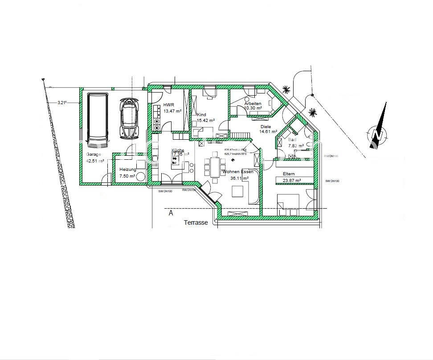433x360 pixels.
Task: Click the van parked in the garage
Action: (x=98, y=119)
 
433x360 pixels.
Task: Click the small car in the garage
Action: (x=129, y=118)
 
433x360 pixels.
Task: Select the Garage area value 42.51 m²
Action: (x=95, y=161)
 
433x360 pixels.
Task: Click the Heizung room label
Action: (x=128, y=170)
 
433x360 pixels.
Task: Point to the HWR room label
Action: (x=169, y=105)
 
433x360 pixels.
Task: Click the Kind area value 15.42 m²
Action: (x=206, y=120)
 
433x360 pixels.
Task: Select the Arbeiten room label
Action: (x=253, y=103)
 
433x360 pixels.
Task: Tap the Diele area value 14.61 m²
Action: (x=268, y=132)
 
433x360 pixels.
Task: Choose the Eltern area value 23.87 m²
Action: (x=292, y=180)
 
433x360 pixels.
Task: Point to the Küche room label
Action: (x=178, y=150)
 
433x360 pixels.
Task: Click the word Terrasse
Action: (x=196, y=221)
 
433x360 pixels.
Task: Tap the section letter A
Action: (x=171, y=214)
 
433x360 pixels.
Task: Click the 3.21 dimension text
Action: (x=62, y=103)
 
